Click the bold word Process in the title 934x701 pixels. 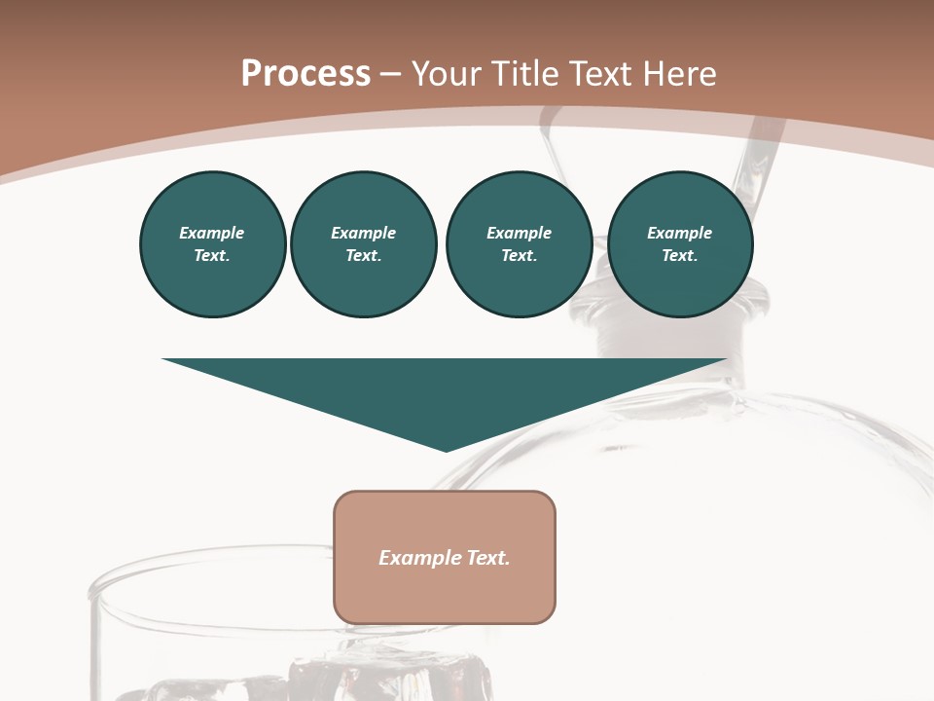click(305, 74)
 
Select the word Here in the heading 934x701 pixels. click(678, 74)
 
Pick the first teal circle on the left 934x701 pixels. click(212, 244)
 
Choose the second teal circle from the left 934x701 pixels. click(363, 244)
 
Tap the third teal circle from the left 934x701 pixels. click(519, 244)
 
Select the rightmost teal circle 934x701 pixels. click(679, 244)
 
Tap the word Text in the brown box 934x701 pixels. click(487, 558)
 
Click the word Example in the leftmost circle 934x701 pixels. click(212, 233)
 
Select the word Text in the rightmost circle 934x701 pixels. click(679, 255)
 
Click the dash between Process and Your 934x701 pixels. click(391, 75)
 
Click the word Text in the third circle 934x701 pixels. click(519, 255)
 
